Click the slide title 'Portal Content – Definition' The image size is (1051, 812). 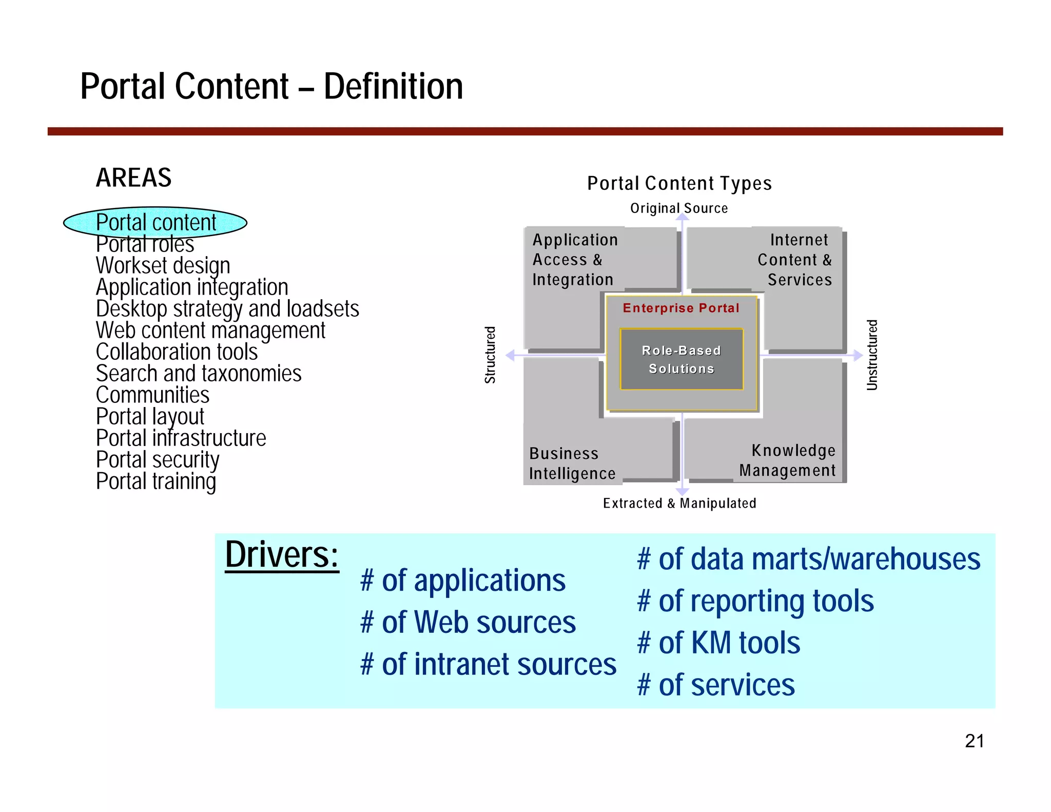[x=271, y=86]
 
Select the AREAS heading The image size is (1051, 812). [x=133, y=178]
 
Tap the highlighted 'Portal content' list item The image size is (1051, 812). [x=155, y=223]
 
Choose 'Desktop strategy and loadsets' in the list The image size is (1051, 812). [x=227, y=309]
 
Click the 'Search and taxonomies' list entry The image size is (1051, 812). [x=199, y=374]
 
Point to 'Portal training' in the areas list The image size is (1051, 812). [x=156, y=481]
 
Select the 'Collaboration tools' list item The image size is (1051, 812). [x=177, y=352]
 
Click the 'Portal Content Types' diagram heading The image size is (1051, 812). [x=679, y=183]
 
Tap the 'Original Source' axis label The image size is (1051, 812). [x=678, y=208]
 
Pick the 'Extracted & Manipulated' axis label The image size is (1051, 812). [x=679, y=503]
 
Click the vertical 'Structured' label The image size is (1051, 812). [x=490, y=355]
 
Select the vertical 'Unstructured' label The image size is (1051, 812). [x=872, y=355]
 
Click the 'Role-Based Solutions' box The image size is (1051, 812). [x=681, y=359]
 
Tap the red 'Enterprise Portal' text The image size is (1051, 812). [x=680, y=308]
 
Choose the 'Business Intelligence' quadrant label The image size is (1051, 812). [x=572, y=463]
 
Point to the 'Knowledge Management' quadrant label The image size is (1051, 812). [x=787, y=460]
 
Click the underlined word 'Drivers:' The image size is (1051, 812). [x=282, y=555]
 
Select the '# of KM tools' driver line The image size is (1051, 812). [x=718, y=643]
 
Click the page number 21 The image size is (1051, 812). [x=974, y=741]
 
